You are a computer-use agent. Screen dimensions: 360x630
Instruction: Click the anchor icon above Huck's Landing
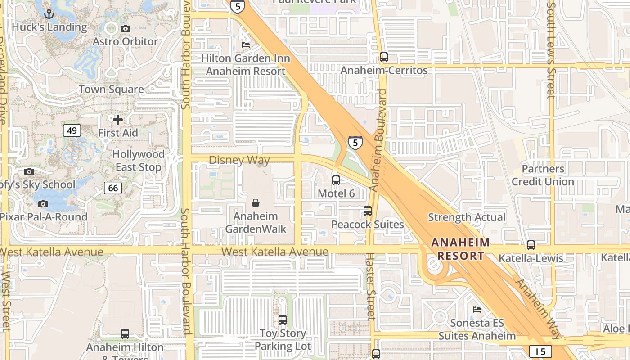pos(49,14)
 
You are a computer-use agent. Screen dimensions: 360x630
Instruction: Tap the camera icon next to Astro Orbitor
pos(126,28)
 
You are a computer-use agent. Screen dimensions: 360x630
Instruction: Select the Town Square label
pos(111,89)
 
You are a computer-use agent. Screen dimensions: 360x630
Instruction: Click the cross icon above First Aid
pos(118,120)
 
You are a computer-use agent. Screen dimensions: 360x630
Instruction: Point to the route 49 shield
pos(72,130)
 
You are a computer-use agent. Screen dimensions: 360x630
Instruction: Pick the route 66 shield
pos(113,188)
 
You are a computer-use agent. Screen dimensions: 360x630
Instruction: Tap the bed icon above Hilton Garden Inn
pos(246,45)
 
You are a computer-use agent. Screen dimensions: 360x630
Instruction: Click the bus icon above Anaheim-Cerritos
pos(384,57)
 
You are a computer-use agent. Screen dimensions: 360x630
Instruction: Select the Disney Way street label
pos(239,160)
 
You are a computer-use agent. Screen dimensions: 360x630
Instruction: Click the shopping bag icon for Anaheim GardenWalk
pos(256,203)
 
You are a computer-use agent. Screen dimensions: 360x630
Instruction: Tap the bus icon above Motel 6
pos(336,180)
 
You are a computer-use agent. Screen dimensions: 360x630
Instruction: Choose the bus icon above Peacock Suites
pos(368,211)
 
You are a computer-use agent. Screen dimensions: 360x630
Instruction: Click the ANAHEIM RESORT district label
pos(460,249)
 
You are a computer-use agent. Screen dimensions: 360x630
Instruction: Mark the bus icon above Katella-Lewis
pos(531,245)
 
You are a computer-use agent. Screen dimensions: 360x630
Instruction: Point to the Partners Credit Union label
pos(543,175)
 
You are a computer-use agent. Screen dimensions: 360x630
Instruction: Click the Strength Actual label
pos(467,217)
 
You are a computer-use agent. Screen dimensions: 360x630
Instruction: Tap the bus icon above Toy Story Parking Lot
pos(283,320)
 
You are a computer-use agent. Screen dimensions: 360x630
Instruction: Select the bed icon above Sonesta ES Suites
pos(477,310)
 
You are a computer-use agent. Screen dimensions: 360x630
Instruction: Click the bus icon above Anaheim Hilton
pos(125,334)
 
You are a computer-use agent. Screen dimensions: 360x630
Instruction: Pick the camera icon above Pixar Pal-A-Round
pos(43,204)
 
